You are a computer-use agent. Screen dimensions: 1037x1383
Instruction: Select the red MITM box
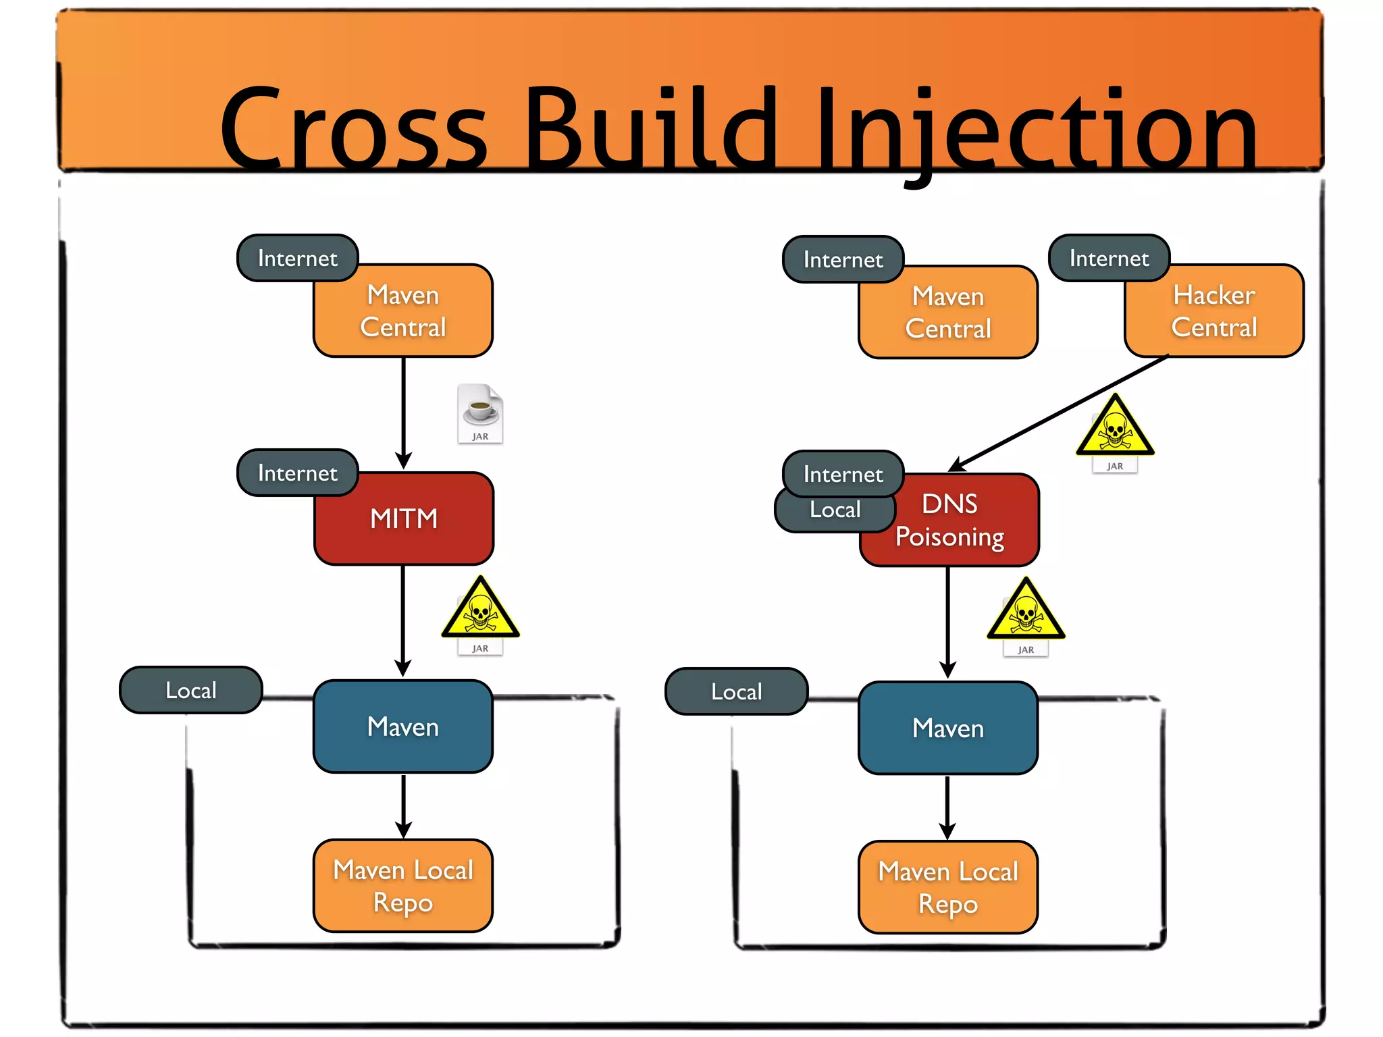[x=404, y=518]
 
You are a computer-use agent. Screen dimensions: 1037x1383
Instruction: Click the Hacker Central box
[x=1214, y=311]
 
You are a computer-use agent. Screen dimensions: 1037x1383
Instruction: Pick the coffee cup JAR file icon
[x=480, y=413]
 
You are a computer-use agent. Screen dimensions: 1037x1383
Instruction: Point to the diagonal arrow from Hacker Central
[x=1060, y=413]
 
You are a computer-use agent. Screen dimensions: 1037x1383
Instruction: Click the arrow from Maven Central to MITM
[x=404, y=412]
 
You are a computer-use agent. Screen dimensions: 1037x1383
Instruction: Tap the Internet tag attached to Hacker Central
[x=1109, y=259]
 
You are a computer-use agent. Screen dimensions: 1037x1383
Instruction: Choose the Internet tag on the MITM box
[x=297, y=473]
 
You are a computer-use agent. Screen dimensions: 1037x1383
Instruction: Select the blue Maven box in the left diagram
[x=403, y=727]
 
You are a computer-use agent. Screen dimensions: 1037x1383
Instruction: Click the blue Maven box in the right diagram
[x=948, y=728]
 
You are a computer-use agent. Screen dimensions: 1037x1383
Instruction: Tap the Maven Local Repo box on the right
[x=948, y=887]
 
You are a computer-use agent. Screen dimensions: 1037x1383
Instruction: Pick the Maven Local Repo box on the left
[x=403, y=886]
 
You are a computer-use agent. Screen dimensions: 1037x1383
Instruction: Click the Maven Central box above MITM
[x=403, y=311]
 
